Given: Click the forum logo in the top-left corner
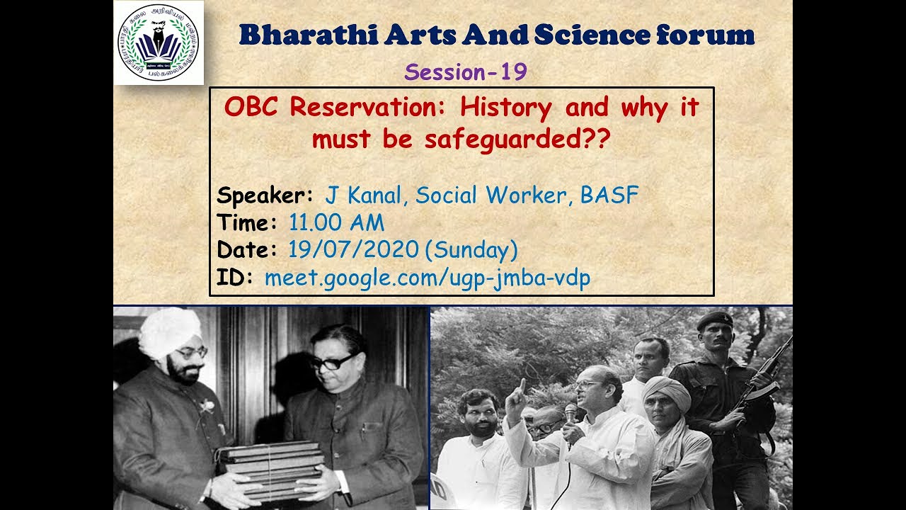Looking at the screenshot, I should pos(158,42).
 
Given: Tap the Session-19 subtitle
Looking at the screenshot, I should pos(466,72).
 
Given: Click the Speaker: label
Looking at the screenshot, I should pos(265,195).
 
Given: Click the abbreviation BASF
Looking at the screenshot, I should pos(609,195).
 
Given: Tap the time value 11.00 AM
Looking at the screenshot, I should pos(336,223).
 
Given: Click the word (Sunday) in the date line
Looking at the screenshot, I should pos(475,250).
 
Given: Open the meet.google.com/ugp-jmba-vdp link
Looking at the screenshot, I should pos(427,278).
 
